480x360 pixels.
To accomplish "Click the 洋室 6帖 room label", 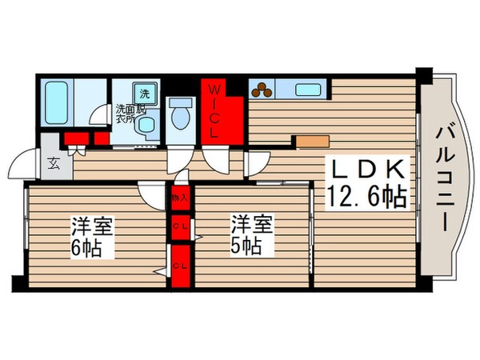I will tap(90, 234).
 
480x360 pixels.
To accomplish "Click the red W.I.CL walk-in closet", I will tap(221, 113).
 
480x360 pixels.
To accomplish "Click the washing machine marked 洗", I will tap(146, 90).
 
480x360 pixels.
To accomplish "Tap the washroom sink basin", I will tap(146, 125).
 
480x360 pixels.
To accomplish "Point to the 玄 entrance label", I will tap(53, 165).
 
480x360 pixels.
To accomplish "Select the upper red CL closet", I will tap(179, 226).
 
